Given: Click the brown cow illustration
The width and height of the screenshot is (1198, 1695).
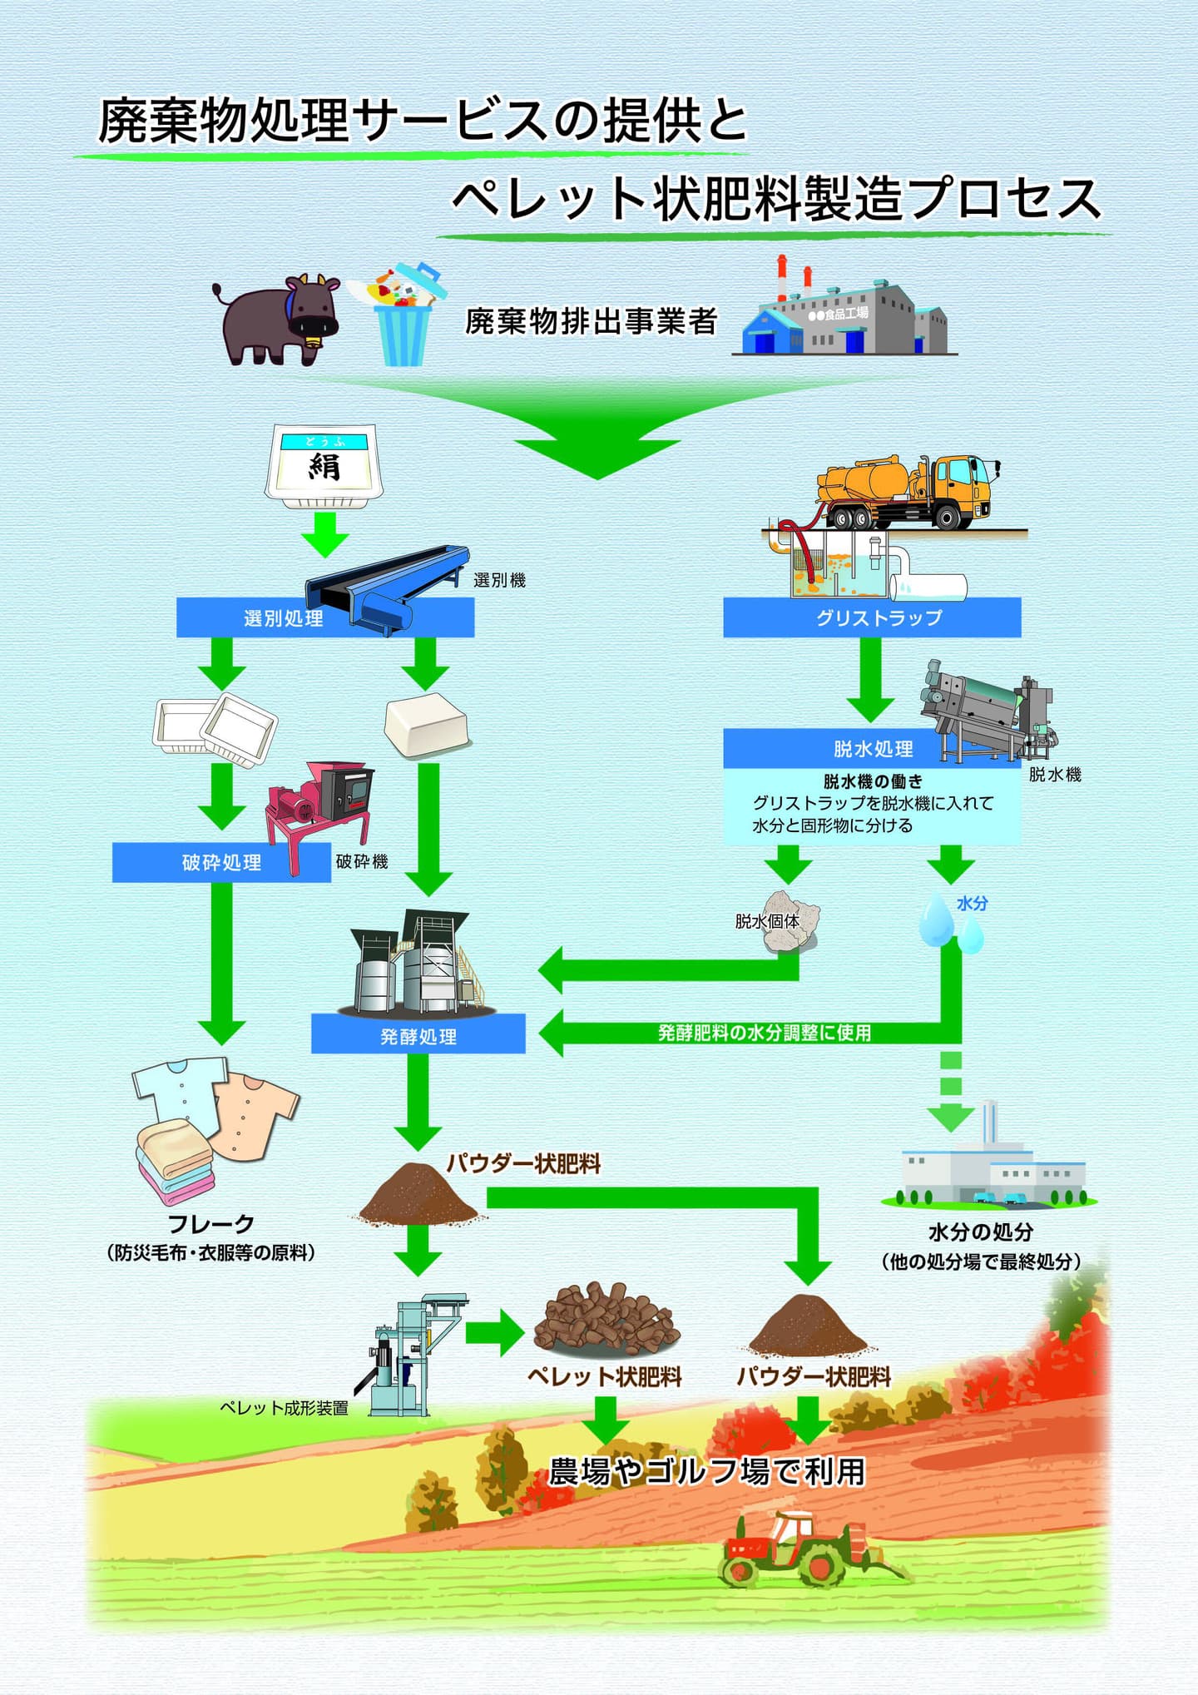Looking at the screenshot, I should [x=279, y=320].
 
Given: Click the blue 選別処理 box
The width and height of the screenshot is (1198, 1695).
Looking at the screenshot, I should [x=250, y=618].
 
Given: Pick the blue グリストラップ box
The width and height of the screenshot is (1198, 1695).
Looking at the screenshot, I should [x=872, y=618].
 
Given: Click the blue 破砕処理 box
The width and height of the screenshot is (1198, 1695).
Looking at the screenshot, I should [x=220, y=863].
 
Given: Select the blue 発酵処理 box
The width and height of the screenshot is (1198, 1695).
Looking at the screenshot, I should [x=418, y=1036].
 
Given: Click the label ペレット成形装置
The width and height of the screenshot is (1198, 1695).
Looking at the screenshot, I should [x=284, y=1408].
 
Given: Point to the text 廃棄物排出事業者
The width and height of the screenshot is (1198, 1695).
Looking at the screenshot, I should [x=591, y=321].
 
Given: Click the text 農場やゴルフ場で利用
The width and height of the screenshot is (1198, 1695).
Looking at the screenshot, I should [x=707, y=1472].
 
